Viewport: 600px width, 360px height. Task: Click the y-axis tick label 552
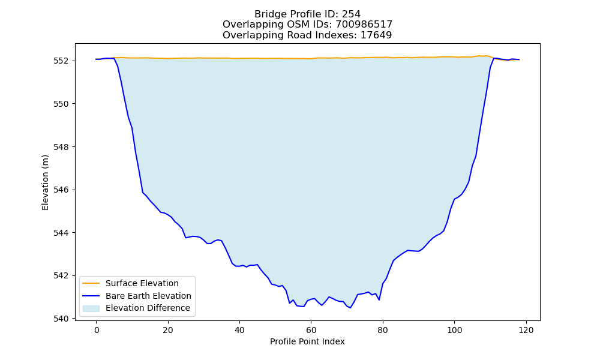pos(61,61)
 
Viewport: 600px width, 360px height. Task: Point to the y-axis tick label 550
pos(61,104)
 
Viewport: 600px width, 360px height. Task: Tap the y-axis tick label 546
pos(61,190)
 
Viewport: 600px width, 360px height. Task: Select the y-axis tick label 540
pos(61,319)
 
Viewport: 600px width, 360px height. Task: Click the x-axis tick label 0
pos(97,331)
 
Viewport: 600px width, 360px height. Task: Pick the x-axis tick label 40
pos(239,331)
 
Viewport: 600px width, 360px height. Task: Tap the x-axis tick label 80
pos(383,331)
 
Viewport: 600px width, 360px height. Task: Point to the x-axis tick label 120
pos(526,331)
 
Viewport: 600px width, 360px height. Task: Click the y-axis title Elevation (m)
pos(45,182)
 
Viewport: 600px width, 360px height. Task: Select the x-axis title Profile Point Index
pos(307,341)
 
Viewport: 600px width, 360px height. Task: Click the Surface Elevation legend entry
pos(142,283)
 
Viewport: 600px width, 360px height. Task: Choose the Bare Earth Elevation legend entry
pos(148,296)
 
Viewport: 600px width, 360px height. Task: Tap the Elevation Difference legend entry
pos(148,308)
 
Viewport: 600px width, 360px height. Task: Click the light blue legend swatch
pos(91,308)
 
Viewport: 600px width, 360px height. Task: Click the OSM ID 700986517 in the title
pos(364,25)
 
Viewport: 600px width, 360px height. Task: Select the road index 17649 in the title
pos(376,35)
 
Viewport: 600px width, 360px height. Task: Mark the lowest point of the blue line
pos(350,308)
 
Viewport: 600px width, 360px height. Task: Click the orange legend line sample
pos(91,283)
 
